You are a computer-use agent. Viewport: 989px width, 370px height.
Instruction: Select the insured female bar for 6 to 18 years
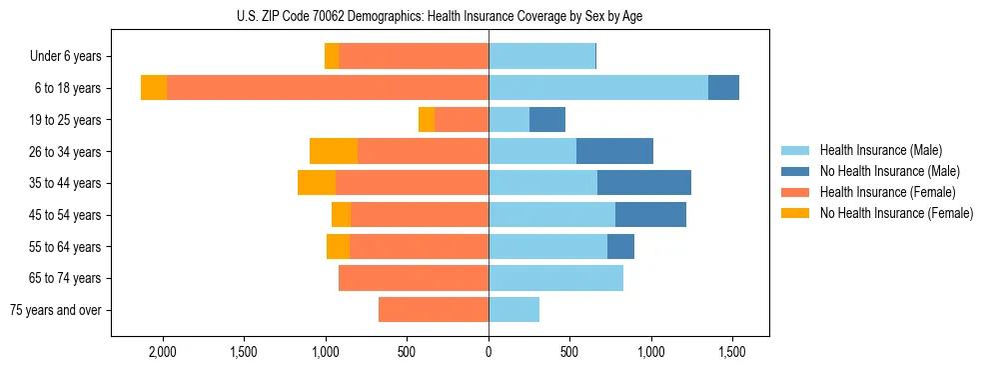click(328, 88)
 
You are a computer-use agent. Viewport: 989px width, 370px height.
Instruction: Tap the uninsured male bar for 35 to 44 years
click(644, 183)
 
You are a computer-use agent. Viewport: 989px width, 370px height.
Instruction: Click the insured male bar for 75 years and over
click(513, 310)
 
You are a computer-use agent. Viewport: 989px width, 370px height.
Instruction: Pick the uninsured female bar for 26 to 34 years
click(334, 151)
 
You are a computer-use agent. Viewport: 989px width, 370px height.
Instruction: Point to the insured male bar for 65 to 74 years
click(555, 278)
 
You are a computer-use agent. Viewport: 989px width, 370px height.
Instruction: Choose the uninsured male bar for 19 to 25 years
click(547, 120)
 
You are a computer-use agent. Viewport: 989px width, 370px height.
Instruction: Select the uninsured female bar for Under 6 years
click(332, 57)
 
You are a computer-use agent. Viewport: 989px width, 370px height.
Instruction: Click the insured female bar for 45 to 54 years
click(420, 215)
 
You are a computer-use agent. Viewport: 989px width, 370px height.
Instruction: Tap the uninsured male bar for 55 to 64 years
click(620, 246)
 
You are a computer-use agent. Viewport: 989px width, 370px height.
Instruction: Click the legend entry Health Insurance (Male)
click(880, 150)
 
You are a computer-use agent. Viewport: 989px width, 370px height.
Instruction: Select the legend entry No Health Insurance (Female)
click(896, 213)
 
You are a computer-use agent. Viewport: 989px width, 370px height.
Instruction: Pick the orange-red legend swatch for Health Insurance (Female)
click(795, 192)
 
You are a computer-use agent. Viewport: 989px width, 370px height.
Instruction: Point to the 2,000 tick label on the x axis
click(163, 353)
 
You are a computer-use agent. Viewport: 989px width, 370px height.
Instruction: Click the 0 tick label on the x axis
click(489, 353)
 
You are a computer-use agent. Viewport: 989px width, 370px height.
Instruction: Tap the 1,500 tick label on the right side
click(732, 353)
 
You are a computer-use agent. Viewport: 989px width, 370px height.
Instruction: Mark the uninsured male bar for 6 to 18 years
click(723, 88)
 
